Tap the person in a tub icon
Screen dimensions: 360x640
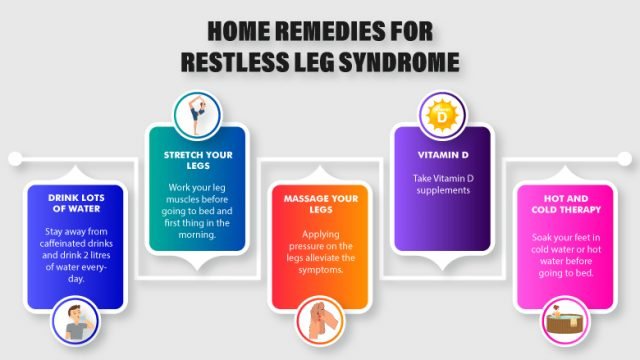[x=567, y=323]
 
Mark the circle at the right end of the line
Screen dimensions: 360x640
[x=625, y=157]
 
